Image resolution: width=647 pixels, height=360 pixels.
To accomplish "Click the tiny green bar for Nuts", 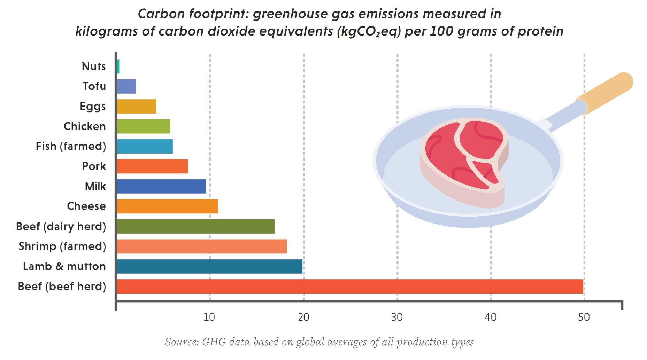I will pyautogui.click(x=118, y=66).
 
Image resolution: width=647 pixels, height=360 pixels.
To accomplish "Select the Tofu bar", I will pyautogui.click(x=126, y=86).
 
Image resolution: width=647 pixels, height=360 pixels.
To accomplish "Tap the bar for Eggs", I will pyautogui.click(x=136, y=107).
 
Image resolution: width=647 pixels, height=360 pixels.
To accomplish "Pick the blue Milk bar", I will pyautogui.click(x=161, y=186).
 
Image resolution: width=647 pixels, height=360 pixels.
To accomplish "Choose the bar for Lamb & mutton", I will pyautogui.click(x=209, y=267).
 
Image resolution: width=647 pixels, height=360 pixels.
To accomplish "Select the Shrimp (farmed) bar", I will pyautogui.click(x=202, y=246).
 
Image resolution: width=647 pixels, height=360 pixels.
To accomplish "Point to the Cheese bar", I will pyautogui.click(x=167, y=206).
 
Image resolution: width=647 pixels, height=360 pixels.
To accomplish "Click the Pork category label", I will pyautogui.click(x=94, y=166).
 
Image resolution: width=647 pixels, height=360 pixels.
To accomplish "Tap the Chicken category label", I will pyautogui.click(x=85, y=126).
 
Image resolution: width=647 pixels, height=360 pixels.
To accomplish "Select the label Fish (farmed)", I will pyautogui.click(x=71, y=146).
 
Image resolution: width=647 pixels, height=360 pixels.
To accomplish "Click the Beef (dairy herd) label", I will pyautogui.click(x=61, y=227).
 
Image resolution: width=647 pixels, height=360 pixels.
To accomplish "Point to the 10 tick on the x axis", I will pyautogui.click(x=209, y=317).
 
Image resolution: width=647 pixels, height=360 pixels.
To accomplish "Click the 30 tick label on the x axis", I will pyautogui.click(x=397, y=317).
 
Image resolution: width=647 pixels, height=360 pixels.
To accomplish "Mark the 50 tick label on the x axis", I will pyautogui.click(x=584, y=317).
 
